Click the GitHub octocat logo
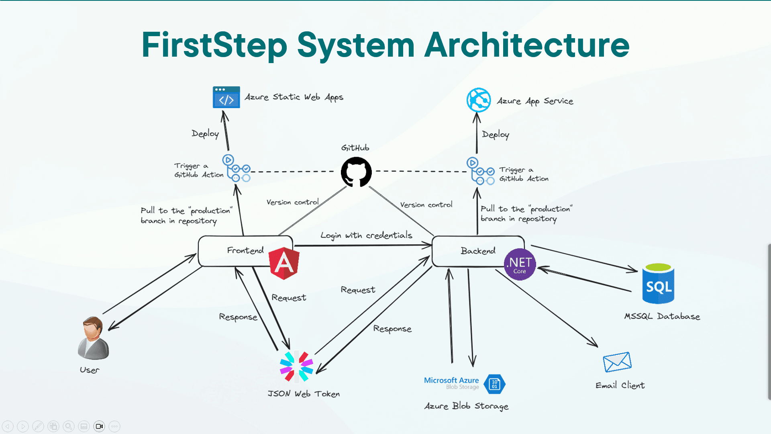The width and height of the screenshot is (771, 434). [356, 172]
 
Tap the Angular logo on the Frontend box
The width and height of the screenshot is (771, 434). [284, 263]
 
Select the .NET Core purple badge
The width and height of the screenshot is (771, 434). [520, 264]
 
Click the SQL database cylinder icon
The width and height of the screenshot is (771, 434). [658, 284]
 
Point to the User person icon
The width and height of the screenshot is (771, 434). [93, 338]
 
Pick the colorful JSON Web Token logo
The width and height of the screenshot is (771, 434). [296, 366]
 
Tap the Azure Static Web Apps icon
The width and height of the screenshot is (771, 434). [226, 97]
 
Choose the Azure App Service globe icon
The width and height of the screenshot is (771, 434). [479, 100]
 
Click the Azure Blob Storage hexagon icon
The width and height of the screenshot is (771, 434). [494, 384]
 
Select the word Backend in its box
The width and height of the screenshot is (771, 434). [478, 251]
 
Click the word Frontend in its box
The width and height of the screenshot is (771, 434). [245, 250]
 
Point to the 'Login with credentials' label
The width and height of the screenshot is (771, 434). [366, 235]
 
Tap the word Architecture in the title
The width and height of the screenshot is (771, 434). [527, 45]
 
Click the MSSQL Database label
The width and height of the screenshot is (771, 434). [662, 316]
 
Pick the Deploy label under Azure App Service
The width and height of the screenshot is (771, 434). [496, 135]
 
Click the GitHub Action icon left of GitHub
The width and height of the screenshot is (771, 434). [237, 168]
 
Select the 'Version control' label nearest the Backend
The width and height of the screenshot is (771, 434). [426, 205]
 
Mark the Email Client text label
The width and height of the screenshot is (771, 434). [620, 385]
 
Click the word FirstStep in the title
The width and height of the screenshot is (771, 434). [214, 45]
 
